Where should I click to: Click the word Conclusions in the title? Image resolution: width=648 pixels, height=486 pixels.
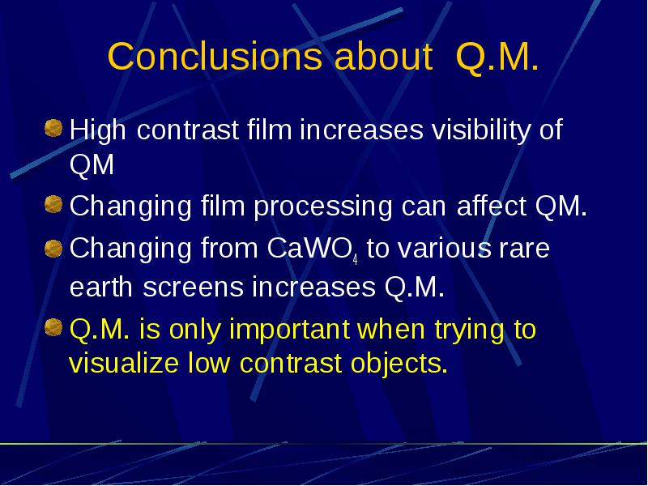tap(215, 56)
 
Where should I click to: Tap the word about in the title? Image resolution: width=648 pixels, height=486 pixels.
tap(383, 56)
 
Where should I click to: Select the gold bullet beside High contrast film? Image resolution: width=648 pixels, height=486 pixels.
tap(53, 128)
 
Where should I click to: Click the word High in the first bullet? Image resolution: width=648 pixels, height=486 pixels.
tap(97, 130)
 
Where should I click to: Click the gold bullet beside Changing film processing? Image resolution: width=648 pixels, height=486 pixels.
tap(53, 204)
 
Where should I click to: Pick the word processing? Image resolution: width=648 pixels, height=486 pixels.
tap(322, 207)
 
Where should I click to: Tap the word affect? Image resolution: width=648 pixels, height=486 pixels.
tap(492, 206)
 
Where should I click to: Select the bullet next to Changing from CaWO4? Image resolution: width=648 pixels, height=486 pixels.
tap(53, 249)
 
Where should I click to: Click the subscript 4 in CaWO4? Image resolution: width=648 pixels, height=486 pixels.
tap(355, 260)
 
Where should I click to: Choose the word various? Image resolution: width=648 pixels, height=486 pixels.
tap(445, 249)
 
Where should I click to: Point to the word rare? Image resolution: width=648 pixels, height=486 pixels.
tap(524, 249)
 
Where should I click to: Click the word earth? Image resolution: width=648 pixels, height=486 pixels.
tap(100, 287)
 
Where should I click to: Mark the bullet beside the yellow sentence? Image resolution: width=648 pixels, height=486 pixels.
tap(53, 327)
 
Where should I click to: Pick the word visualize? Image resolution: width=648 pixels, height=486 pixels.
tap(124, 363)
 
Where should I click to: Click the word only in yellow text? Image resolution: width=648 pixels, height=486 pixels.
tap(195, 330)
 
